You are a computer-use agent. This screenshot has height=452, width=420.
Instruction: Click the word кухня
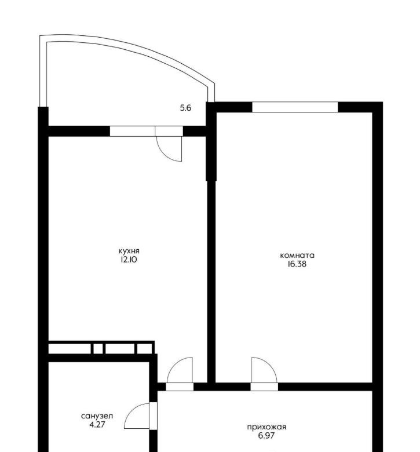click(x=129, y=251)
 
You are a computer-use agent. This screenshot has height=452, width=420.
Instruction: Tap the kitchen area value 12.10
click(x=129, y=260)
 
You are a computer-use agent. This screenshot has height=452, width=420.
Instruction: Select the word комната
click(x=297, y=256)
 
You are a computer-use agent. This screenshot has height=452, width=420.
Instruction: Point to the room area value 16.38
click(x=297, y=264)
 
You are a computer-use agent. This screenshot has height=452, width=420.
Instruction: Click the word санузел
click(x=97, y=416)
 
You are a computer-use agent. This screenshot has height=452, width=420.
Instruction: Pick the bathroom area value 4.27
click(x=97, y=425)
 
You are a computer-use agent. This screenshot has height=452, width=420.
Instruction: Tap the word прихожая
click(x=266, y=427)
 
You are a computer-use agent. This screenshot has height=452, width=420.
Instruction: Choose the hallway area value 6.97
click(x=266, y=436)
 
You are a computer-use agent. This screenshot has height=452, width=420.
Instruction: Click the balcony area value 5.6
click(x=185, y=108)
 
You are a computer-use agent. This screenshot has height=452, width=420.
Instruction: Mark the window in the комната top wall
click(x=295, y=107)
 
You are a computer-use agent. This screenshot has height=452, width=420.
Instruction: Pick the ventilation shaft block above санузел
click(x=101, y=348)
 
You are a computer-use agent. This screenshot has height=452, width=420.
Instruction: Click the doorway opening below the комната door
click(x=264, y=387)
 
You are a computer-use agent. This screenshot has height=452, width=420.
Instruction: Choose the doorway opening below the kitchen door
click(x=180, y=387)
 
